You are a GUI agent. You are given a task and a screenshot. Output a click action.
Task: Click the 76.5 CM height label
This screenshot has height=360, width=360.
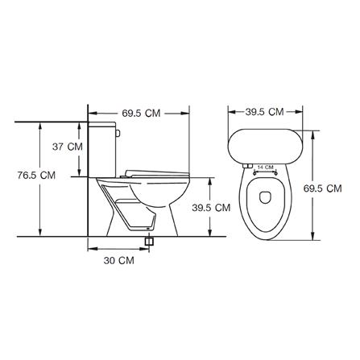point(36,176)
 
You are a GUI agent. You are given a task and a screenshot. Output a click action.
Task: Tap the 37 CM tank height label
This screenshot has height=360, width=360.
point(68,147)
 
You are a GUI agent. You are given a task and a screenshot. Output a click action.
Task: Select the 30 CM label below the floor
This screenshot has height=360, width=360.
point(119,260)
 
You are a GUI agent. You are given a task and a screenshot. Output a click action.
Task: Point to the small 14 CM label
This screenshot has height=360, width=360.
point(265,167)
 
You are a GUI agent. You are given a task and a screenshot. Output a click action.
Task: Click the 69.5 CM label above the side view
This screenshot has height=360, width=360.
point(141,113)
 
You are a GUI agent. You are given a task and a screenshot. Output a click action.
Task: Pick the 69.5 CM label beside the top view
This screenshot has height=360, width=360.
point(323,188)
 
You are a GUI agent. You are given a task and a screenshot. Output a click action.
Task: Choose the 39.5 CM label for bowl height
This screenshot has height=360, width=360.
point(211,208)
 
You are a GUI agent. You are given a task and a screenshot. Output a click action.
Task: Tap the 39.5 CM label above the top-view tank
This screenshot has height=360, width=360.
point(264,112)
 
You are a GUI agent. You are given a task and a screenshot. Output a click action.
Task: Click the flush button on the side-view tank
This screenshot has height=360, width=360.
point(118,133)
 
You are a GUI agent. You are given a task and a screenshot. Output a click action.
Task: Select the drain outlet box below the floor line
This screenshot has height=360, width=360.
point(149,241)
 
